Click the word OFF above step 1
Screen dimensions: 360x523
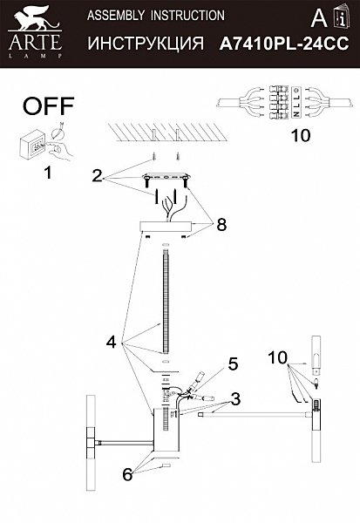(x=49, y=106)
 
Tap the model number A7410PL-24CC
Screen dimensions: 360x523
(x=284, y=44)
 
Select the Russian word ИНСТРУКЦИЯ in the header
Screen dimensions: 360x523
(x=146, y=44)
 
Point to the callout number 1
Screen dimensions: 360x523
(x=49, y=173)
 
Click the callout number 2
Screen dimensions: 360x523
(x=97, y=176)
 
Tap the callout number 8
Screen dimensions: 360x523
(x=221, y=225)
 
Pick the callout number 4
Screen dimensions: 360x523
(x=112, y=343)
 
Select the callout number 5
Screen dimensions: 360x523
(x=233, y=363)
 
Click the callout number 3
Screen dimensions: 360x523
(x=235, y=399)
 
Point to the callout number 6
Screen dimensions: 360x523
(x=127, y=474)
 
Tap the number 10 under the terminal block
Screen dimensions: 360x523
(x=301, y=136)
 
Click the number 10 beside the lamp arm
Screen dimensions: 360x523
(x=277, y=358)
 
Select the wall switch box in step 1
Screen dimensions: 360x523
(x=33, y=146)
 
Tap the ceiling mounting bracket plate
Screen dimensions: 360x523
(x=166, y=177)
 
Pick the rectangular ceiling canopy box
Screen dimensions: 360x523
(x=166, y=227)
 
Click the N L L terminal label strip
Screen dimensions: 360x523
(x=295, y=102)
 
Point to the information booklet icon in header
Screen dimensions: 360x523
(x=342, y=17)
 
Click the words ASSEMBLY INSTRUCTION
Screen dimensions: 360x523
(x=156, y=16)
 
